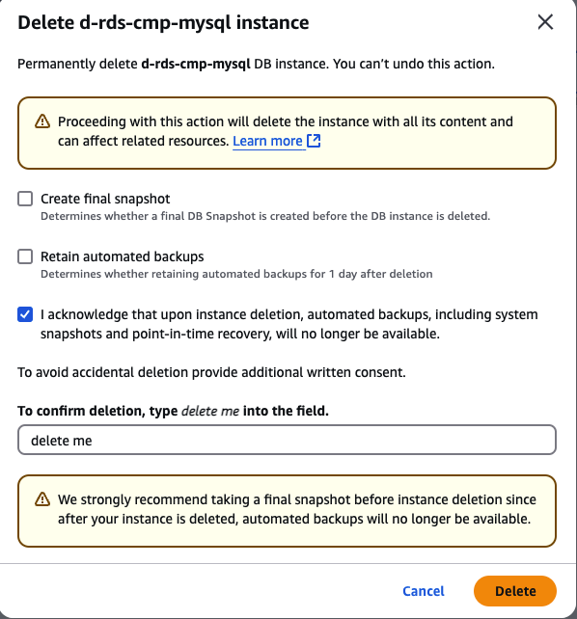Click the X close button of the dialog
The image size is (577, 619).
pos(545,22)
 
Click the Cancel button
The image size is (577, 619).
pos(424,591)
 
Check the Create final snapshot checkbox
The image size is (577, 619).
pos(25,199)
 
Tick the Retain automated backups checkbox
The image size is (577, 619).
pos(25,256)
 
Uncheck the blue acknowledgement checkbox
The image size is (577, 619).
pos(25,314)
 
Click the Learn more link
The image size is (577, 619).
pos(267,141)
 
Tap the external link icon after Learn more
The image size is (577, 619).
pos(314,141)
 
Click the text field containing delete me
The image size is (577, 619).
pos(287,440)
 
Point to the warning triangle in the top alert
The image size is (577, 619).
pos(42,121)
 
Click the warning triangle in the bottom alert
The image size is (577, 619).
pos(42,499)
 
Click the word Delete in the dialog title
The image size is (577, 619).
pos(45,22)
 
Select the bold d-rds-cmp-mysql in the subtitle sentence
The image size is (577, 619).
pos(196,64)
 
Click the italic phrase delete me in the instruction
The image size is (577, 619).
pos(210,411)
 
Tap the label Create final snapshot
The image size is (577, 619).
pos(105,199)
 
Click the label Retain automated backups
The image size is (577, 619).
pos(122,256)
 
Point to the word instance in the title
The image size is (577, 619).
pos(272,22)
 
